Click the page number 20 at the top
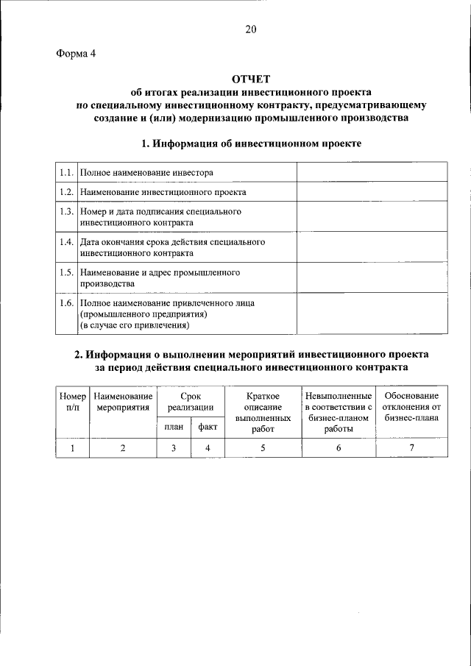point(251,29)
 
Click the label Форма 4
point(76,54)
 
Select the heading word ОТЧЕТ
point(251,79)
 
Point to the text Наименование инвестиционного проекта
point(163,191)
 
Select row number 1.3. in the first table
point(66,211)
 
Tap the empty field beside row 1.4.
point(371,247)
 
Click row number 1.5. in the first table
point(66,272)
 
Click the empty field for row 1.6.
point(371,313)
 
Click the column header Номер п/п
point(72,401)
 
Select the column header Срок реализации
point(190,401)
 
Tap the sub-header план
point(173,427)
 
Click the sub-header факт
point(207,427)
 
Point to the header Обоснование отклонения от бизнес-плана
point(411,407)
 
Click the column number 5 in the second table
point(262,447)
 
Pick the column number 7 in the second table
point(411,447)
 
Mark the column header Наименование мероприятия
point(122,401)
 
